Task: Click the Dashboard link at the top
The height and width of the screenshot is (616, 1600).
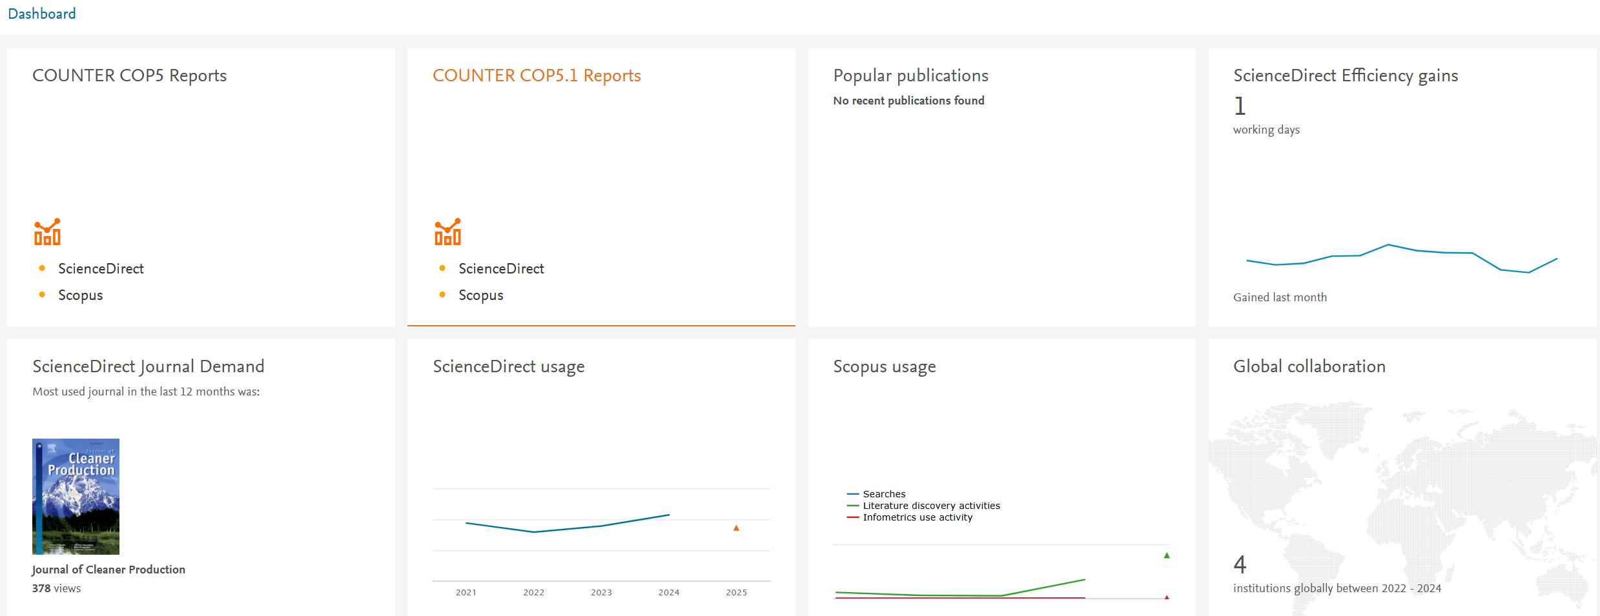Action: [x=41, y=14]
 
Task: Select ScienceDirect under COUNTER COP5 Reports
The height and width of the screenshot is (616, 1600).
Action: [x=101, y=268]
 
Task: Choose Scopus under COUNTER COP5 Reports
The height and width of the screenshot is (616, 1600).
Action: [x=81, y=295]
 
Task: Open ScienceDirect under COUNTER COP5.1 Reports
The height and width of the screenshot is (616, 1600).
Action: [x=501, y=268]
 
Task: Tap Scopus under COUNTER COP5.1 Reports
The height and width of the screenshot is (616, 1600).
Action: [x=481, y=295]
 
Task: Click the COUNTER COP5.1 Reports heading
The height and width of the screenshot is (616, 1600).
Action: [x=537, y=75]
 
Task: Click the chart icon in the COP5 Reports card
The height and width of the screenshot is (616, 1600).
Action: [x=47, y=232]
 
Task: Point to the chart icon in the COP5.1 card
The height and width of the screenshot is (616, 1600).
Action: [x=447, y=232]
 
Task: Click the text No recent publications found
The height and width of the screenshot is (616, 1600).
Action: [x=908, y=101]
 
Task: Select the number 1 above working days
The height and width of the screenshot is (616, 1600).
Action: [x=1240, y=106]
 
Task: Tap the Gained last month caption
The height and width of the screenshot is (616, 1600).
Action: [x=1280, y=297]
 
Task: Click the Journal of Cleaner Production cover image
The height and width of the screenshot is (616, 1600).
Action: [x=76, y=497]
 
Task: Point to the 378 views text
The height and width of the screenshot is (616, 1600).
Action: [x=57, y=588]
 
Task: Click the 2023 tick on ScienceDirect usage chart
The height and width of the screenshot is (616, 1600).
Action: [x=601, y=592]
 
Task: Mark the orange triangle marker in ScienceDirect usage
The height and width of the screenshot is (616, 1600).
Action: [x=736, y=528]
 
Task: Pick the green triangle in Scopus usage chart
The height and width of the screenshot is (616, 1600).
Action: [x=1167, y=555]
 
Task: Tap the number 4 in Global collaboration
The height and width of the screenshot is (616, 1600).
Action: [x=1240, y=564]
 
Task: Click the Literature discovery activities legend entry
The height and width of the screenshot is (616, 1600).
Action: [x=923, y=506]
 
